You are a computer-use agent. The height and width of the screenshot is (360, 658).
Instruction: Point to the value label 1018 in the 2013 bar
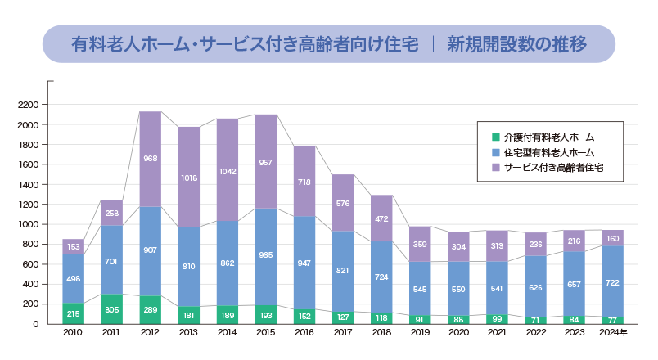189,176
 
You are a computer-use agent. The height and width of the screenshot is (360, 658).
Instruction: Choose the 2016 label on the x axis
304,333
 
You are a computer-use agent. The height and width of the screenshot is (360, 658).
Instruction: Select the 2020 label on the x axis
459,333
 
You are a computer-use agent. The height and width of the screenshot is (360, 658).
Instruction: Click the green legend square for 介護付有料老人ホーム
495,137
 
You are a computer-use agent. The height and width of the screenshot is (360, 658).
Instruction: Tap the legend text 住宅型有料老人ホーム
549,152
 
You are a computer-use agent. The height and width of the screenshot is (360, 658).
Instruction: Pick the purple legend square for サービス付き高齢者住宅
495,167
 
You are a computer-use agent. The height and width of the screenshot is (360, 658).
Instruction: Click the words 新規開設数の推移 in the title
516,44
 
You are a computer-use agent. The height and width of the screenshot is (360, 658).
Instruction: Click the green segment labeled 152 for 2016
304,316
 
